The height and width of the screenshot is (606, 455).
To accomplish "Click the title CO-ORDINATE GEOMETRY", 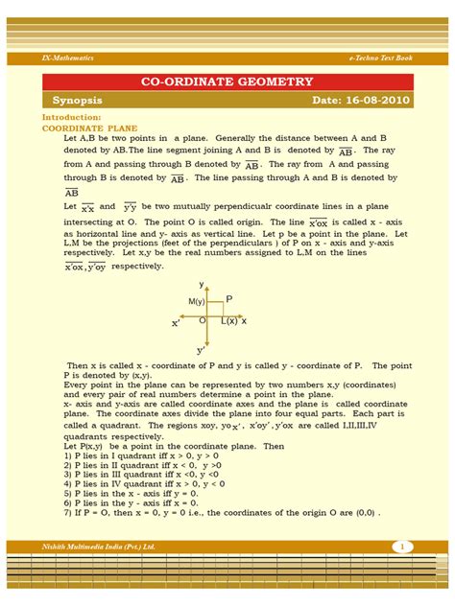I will click(227, 82).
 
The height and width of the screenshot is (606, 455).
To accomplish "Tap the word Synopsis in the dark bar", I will click(79, 101).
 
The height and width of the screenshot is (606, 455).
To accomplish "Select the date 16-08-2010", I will click(361, 101).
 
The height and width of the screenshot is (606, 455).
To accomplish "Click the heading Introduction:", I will click(71, 117).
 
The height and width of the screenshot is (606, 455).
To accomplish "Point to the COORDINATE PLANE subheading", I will click(83, 127).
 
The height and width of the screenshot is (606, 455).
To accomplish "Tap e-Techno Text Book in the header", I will click(379, 58).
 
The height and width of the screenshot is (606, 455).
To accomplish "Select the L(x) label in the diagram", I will click(229, 320).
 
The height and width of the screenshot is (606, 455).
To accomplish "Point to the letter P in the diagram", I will click(229, 300).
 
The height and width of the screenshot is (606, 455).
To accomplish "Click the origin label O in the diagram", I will click(203, 320).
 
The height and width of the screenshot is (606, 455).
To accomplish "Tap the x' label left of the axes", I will click(176, 324).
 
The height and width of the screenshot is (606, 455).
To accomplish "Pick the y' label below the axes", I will click(202, 350).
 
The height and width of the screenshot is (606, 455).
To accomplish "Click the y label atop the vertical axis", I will click(202, 285).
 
